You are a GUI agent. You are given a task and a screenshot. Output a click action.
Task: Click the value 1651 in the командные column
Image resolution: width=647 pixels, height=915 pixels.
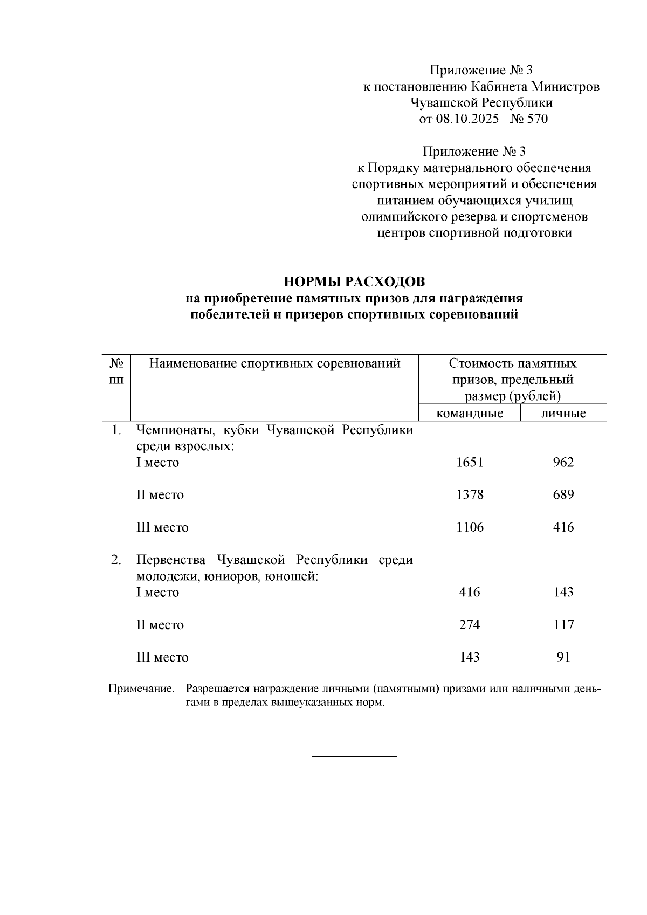tap(470, 463)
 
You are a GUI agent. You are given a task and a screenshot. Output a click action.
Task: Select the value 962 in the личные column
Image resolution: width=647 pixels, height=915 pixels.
tap(563, 463)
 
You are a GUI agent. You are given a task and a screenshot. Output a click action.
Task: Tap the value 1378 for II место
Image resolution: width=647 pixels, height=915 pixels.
tap(470, 495)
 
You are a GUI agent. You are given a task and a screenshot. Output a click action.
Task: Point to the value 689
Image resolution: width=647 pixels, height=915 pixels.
tap(563, 495)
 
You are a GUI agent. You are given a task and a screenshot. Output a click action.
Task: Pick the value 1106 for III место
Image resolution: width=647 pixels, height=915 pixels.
tap(470, 527)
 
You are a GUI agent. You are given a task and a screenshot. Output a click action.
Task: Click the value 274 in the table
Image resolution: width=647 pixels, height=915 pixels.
tap(470, 625)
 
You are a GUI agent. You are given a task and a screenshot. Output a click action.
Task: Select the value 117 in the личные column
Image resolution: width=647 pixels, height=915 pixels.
tap(563, 625)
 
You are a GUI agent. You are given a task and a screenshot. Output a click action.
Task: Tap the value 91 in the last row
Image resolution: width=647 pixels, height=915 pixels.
tap(563, 657)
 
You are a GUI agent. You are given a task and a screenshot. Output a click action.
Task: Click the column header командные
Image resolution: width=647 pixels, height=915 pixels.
tap(470, 414)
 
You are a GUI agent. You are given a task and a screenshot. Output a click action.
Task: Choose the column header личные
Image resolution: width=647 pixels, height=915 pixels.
tap(563, 414)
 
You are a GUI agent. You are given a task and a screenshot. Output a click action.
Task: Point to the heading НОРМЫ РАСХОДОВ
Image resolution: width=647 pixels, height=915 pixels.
tap(354, 282)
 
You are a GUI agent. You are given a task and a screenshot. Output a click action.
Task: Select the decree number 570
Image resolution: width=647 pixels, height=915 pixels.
tap(537, 119)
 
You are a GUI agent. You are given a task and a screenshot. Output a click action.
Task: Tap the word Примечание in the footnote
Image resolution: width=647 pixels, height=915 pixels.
tap(141, 689)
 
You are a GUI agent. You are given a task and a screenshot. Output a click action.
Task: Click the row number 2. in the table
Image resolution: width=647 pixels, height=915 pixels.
tap(116, 560)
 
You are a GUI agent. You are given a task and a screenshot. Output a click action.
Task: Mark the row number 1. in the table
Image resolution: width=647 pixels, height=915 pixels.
tap(116, 430)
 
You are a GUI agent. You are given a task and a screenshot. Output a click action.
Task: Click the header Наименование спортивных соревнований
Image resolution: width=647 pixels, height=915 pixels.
tap(274, 363)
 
